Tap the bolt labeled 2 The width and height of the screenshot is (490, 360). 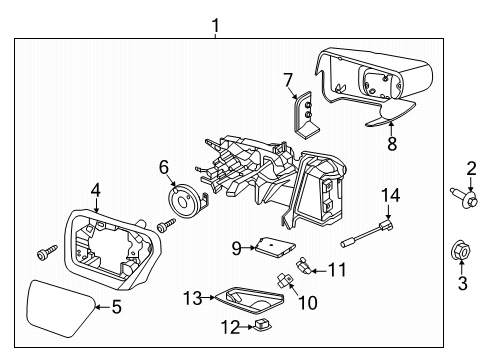[464, 197]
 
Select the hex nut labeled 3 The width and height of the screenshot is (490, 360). [461, 251]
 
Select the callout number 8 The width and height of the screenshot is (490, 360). [392, 144]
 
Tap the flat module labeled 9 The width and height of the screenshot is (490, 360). [275, 247]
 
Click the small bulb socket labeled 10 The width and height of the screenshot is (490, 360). [285, 279]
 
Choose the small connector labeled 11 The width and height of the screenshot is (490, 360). [303, 266]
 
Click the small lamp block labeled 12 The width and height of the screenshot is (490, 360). [263, 324]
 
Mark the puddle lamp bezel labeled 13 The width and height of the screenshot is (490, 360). [249, 300]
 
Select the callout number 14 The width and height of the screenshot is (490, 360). [390, 195]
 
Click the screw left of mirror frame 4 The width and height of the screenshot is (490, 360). [47, 252]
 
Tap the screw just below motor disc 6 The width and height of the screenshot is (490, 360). [166, 225]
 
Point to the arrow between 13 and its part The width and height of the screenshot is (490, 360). [209, 297]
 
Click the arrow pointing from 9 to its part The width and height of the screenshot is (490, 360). [248, 248]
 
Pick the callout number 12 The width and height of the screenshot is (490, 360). [230, 327]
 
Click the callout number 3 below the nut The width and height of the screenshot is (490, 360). [462, 284]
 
